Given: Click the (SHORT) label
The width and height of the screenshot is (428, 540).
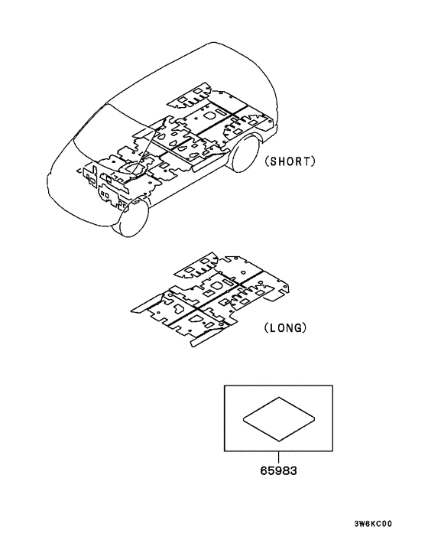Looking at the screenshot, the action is pyautogui.click(x=290, y=161).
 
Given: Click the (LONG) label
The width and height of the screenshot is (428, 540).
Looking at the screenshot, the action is pyautogui.click(x=285, y=327).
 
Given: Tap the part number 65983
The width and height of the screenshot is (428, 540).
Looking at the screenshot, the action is pyautogui.click(x=278, y=470).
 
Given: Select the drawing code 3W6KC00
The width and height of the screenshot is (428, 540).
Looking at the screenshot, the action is pyautogui.click(x=373, y=524).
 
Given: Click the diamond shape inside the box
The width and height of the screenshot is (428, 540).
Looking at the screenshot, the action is pyautogui.click(x=279, y=419).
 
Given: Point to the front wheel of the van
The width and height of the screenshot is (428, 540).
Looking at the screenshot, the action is pyautogui.click(x=132, y=217).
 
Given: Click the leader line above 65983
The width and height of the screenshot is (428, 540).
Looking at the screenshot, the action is pyautogui.click(x=278, y=457).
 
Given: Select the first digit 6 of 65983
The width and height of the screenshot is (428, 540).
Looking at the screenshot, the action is pyautogui.click(x=264, y=470).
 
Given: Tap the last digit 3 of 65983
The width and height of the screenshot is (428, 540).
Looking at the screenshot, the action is pyautogui.click(x=293, y=470).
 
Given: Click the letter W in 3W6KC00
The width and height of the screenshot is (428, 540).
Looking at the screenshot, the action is pyautogui.click(x=362, y=524).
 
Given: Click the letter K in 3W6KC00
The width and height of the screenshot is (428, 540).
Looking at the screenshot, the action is pyautogui.click(x=373, y=524).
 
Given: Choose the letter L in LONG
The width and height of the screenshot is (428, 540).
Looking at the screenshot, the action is pyautogui.click(x=272, y=327).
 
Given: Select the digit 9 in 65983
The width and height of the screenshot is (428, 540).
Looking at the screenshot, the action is pyautogui.click(x=278, y=470).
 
